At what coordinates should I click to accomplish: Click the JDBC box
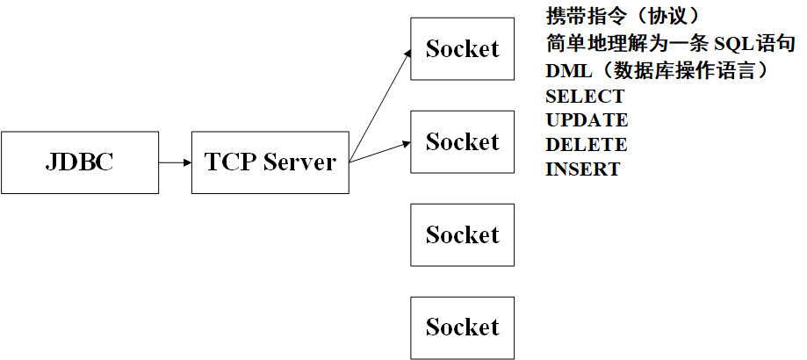point(80,162)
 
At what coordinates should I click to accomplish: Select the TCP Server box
point(270,162)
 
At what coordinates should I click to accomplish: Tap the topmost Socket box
point(462,49)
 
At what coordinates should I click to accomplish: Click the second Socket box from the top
point(462,142)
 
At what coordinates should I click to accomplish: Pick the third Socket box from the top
point(462,234)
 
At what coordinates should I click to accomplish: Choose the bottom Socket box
point(462,328)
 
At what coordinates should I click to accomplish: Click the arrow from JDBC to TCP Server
point(176,162)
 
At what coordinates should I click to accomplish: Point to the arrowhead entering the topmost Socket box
point(407,54)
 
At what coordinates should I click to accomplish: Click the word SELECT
point(585,97)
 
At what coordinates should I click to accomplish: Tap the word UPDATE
point(587,120)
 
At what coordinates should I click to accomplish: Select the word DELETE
point(586,145)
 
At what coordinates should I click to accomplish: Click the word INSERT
point(582,169)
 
